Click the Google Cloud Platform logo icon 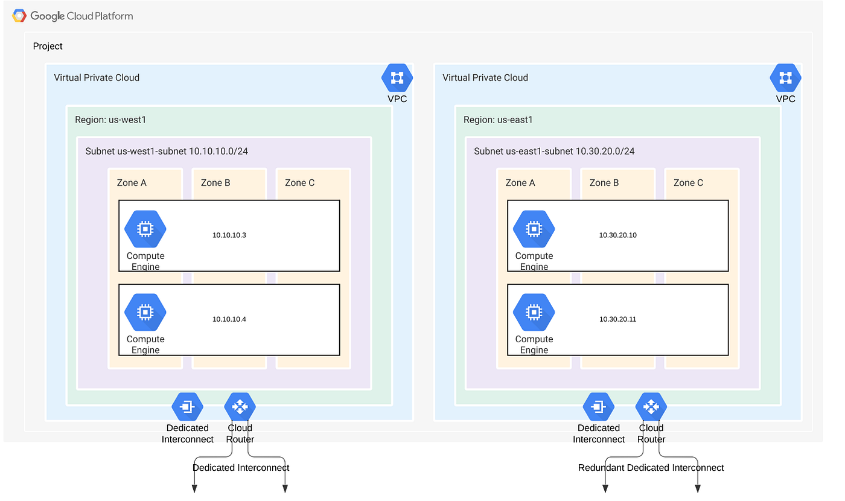click(x=19, y=16)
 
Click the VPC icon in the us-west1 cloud click(x=397, y=77)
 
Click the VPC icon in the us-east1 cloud click(x=785, y=77)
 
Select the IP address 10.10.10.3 click(x=229, y=235)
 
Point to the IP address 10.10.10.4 click(x=229, y=319)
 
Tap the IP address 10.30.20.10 click(x=617, y=235)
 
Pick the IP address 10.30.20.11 click(x=617, y=319)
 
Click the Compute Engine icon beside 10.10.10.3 click(x=145, y=229)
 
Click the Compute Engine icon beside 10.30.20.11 click(x=534, y=313)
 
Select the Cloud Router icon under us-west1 click(x=240, y=407)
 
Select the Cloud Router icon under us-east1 click(x=651, y=407)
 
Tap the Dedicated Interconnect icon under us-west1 click(x=187, y=407)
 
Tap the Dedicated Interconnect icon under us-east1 click(x=598, y=407)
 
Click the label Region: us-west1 click(x=110, y=120)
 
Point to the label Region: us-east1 click(x=499, y=120)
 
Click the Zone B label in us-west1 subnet click(x=215, y=183)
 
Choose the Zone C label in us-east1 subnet click(x=688, y=183)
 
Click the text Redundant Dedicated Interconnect click(x=651, y=468)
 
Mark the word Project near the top click(x=48, y=46)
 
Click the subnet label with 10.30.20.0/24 click(x=554, y=151)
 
